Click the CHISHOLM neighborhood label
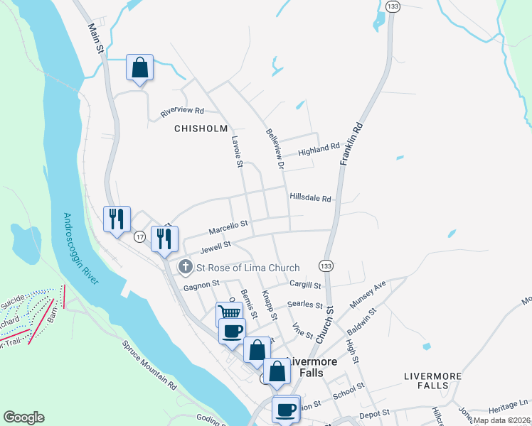201,129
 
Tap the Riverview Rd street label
182,111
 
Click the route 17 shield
140,237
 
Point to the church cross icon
185,267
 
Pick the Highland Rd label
319,148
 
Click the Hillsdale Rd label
310,198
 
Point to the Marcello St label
228,227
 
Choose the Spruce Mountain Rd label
149,367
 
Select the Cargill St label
307,283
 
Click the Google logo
23,417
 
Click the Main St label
96,38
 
